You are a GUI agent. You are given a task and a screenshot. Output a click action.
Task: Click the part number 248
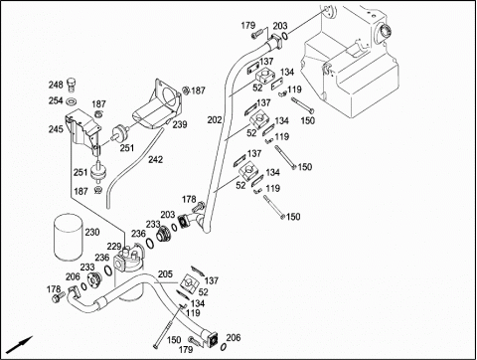(56, 85)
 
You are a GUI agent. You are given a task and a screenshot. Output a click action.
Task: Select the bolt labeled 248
(72, 85)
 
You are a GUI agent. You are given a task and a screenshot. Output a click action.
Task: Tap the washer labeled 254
(72, 100)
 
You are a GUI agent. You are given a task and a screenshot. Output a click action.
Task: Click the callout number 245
(56, 129)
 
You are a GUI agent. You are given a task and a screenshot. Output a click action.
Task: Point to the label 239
(180, 125)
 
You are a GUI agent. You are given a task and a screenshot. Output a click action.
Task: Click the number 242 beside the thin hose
(155, 160)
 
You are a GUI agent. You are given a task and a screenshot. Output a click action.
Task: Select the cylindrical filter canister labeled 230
(68, 238)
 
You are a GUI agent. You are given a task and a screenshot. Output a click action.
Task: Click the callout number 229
(113, 247)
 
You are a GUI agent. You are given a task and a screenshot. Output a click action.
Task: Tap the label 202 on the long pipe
(215, 120)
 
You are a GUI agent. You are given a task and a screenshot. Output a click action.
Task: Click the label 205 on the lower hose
(165, 274)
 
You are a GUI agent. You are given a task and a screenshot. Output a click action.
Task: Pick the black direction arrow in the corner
(20, 345)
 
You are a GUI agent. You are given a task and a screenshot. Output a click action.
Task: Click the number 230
(92, 232)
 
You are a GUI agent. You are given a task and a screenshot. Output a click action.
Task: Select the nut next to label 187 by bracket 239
(186, 90)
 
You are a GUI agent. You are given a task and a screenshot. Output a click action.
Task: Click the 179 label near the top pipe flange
(248, 26)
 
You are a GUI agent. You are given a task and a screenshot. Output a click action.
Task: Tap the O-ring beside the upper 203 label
(285, 35)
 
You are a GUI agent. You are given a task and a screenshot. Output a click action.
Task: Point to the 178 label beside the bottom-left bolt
(54, 289)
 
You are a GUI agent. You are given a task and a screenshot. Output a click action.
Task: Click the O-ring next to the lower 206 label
(224, 346)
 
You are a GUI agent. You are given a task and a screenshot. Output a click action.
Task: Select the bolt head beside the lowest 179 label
(192, 339)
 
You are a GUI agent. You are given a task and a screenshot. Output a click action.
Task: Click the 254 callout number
(56, 100)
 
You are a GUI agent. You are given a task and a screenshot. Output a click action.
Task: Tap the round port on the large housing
(385, 32)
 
